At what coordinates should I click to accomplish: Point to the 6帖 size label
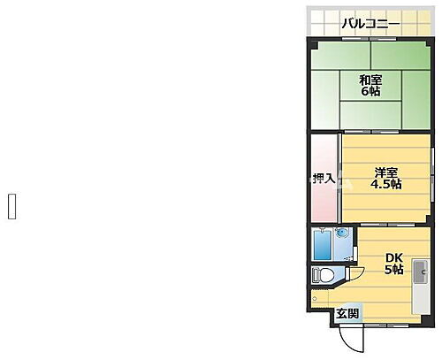pos(370,95)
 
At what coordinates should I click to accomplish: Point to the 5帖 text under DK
pos(394,270)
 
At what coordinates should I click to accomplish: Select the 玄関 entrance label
pos(347,313)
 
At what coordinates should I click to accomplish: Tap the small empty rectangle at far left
pos(12,205)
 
